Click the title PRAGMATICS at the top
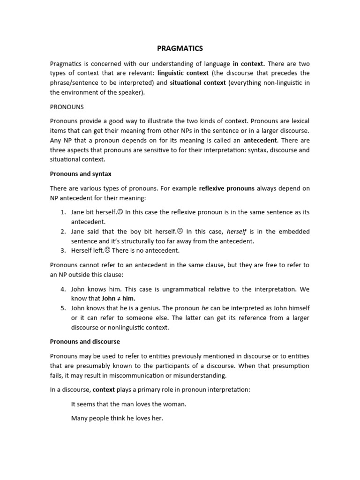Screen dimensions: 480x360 (x=180, y=48)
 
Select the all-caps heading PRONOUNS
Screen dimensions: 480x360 (x=67, y=107)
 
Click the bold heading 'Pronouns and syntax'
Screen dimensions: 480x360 (x=81, y=174)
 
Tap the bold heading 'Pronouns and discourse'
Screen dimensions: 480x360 (x=85, y=342)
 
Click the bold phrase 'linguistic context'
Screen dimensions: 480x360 (x=183, y=73)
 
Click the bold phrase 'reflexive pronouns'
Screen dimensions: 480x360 (x=227, y=188)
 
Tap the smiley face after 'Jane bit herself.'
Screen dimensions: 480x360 (x=120, y=212)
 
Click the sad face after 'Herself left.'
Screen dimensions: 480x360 (x=107, y=250)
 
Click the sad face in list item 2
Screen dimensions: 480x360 (x=180, y=232)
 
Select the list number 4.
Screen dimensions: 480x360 (x=63, y=289)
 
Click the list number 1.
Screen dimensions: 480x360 (x=63, y=212)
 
